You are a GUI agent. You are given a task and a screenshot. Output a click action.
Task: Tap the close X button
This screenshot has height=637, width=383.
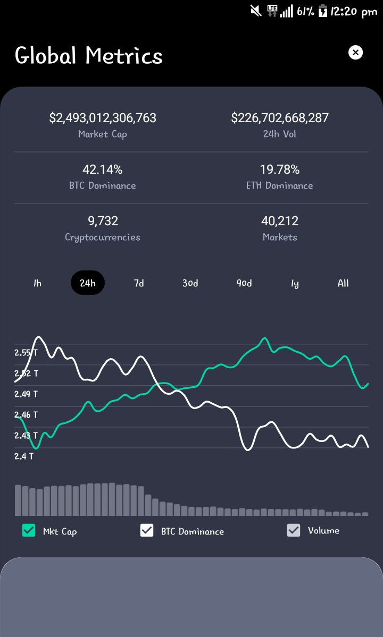click(355, 53)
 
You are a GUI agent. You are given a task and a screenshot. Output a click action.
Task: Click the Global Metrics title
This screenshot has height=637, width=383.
click(89, 55)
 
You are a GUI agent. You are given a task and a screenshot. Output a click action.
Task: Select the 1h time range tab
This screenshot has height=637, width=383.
click(37, 283)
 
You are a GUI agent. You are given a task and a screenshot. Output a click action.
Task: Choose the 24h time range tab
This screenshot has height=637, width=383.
click(88, 283)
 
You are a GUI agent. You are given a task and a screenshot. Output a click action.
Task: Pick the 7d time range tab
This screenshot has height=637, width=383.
click(139, 283)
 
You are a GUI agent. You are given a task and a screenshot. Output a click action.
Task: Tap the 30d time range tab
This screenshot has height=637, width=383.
click(190, 283)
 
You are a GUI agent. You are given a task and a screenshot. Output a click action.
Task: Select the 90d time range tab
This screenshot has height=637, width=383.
click(244, 283)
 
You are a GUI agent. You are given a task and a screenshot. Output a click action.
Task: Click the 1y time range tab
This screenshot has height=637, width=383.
click(295, 283)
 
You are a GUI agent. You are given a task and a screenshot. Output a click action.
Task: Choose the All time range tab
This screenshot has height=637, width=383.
click(343, 283)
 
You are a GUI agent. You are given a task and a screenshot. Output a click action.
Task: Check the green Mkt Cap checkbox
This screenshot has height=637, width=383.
click(29, 530)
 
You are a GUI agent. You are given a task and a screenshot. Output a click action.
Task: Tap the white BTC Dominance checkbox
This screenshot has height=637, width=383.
click(147, 530)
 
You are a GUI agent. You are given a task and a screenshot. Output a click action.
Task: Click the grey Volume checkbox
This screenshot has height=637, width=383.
click(294, 530)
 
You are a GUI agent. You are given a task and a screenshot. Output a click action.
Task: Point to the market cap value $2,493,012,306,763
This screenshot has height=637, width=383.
click(103, 118)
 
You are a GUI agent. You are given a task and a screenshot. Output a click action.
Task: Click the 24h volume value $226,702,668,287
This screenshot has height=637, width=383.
click(280, 118)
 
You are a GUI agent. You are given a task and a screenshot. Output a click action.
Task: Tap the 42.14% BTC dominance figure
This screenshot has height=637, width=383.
click(103, 169)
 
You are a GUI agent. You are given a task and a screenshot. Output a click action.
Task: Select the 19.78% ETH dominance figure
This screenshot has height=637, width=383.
click(280, 169)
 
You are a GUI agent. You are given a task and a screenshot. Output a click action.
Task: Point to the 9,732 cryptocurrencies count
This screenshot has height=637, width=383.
click(103, 221)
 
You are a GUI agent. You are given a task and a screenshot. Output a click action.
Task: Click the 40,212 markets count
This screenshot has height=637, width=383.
click(280, 221)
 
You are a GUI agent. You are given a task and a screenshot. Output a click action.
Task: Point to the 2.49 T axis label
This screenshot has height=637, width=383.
click(26, 394)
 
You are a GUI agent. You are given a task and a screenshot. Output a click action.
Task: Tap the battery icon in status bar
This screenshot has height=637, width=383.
click(323, 11)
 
